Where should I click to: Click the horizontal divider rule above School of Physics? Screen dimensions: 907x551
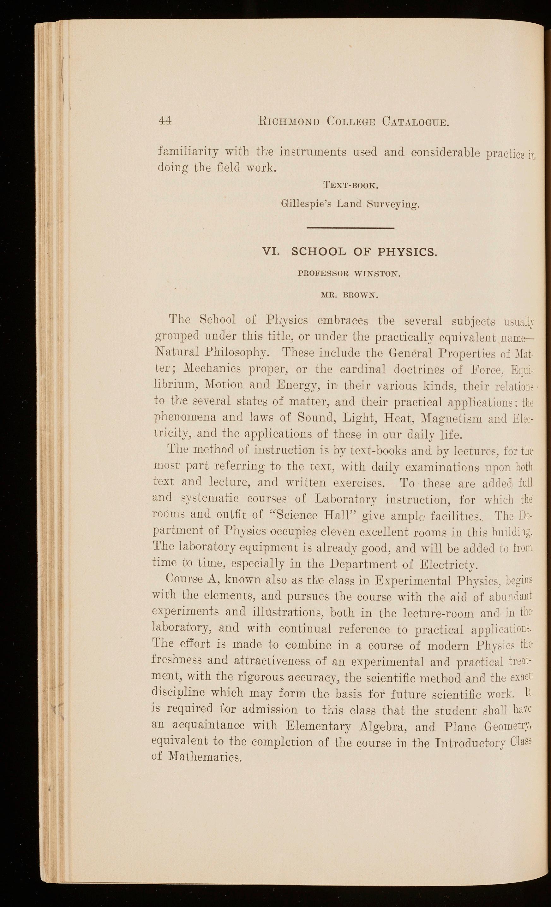[350, 229]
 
